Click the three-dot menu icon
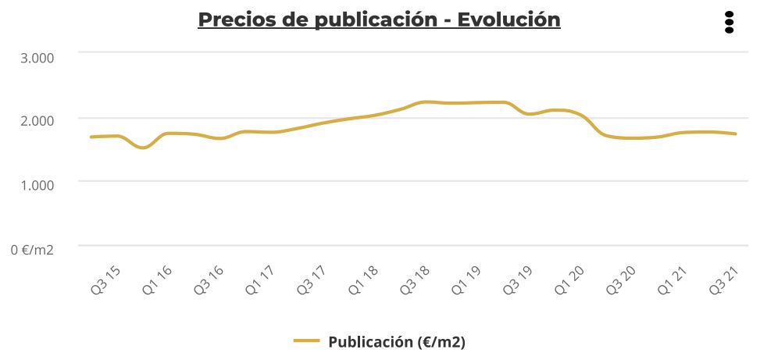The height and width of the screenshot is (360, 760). pos(729,23)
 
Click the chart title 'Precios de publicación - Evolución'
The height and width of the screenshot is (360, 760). pos(379,20)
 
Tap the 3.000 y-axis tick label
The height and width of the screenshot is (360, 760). pos(34,58)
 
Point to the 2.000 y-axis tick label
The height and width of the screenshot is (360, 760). pos(34,121)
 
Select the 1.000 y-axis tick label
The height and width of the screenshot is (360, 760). pos(34,184)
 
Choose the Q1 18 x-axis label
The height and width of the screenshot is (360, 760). pos(363,280)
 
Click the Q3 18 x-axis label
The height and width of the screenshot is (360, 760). pos(415,280)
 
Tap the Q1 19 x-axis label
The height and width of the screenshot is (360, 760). pos(466,280)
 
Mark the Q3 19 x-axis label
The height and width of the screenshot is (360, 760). pos(517,280)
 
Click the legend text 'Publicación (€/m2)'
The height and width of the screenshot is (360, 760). pos(397,341)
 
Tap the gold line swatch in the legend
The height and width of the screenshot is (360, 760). pos(307,340)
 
